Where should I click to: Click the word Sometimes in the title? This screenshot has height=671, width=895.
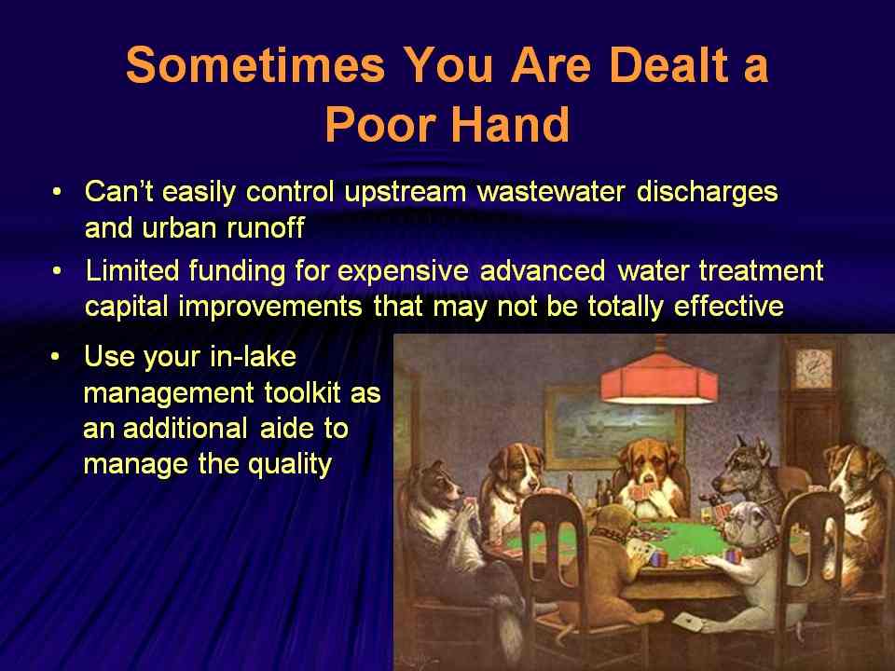coord(255,64)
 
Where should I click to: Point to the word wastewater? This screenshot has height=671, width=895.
coord(551,192)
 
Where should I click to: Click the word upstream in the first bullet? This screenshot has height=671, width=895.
coord(406,193)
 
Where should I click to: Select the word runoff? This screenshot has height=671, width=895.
coord(266,227)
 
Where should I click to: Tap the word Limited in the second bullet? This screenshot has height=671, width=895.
coord(132,270)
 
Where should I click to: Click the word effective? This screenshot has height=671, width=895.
coord(728,307)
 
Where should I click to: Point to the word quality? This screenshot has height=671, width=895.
coord(290,465)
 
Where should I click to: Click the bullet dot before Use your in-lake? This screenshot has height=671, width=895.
coord(55,357)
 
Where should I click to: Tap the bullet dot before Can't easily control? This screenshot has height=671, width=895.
coord(56,192)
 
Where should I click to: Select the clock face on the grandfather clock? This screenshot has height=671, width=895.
coord(814,369)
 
